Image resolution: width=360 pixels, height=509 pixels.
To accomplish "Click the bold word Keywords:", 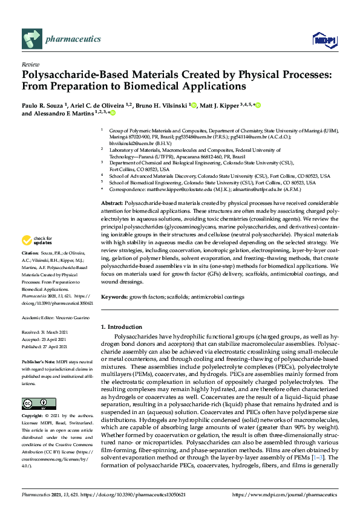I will (114, 297).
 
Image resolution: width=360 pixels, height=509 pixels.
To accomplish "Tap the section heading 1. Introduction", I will (122, 327).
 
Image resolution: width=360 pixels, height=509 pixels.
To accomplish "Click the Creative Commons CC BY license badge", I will (35, 403).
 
